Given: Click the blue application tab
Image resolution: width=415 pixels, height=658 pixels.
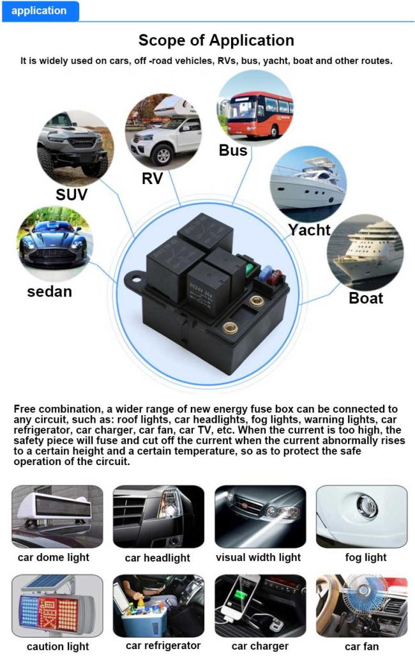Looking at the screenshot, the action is click(40, 11).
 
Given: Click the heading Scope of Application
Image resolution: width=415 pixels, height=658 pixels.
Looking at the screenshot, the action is click(216, 40).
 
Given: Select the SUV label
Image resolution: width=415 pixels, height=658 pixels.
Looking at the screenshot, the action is click(72, 195).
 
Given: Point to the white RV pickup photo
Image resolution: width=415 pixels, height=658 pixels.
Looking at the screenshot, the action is click(163, 132).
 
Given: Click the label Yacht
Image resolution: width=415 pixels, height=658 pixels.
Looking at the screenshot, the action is click(310, 230).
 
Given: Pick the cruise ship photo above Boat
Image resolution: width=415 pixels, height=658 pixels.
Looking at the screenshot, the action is click(365, 252).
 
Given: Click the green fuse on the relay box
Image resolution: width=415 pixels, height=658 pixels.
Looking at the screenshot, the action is click(250, 268).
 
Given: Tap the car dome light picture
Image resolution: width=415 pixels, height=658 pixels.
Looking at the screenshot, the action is click(57, 517).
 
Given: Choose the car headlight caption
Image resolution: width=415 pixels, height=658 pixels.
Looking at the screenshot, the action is click(157, 558).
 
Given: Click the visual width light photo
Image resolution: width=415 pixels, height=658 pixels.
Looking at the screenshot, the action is click(260, 517).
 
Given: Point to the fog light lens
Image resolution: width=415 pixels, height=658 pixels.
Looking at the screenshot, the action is click(367, 506).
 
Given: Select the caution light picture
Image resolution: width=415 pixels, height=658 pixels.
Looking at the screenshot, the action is click(57, 606).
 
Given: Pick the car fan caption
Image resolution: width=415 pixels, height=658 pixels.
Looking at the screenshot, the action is click(362, 647).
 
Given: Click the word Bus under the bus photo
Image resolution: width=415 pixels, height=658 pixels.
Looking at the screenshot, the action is click(233, 150).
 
